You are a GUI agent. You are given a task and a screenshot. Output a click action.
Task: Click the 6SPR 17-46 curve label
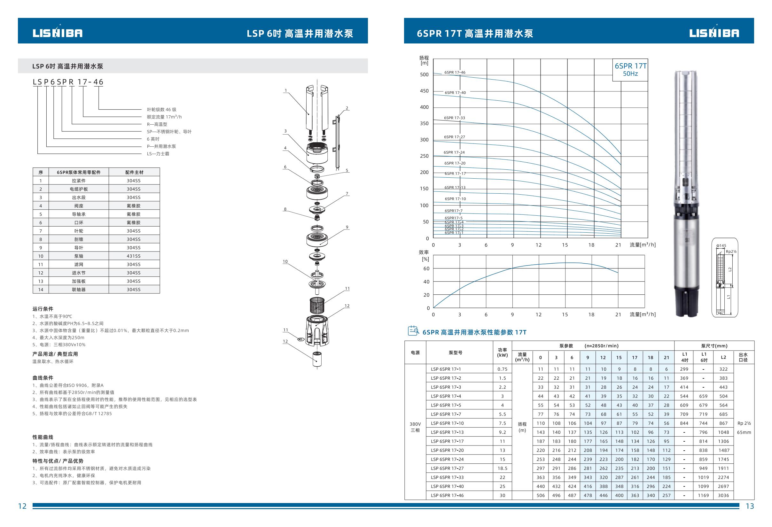coord(455,73)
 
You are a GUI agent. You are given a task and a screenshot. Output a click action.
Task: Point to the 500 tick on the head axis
coord(424,75)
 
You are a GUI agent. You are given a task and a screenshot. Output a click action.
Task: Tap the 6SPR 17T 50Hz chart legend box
coord(630,70)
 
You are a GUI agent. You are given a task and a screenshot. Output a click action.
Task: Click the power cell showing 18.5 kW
coord(502,468)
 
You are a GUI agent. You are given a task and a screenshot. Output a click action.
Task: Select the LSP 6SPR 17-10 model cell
coord(447,423)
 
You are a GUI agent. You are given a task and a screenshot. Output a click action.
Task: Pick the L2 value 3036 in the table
coord(723,495)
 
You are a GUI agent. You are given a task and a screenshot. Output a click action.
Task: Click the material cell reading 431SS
coord(134,256)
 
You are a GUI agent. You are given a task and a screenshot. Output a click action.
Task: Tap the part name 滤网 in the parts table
coord(79,264)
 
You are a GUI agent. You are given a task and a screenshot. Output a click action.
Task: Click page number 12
coord(22,506)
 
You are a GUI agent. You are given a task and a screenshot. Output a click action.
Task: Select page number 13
coord(750,506)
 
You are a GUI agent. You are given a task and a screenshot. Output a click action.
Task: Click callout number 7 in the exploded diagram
coord(347,194)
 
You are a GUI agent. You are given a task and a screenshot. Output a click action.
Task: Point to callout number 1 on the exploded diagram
coord(285,90)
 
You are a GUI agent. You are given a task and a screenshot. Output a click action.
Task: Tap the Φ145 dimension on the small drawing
coord(721,246)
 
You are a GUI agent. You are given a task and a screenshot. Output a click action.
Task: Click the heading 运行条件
coord(43,309)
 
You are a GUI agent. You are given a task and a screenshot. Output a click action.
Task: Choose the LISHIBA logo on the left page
coord(58,33)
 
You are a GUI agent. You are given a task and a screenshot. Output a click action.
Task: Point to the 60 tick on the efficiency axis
coord(426,269)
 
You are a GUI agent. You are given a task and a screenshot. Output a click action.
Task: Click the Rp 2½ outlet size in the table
coord(744,423)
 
